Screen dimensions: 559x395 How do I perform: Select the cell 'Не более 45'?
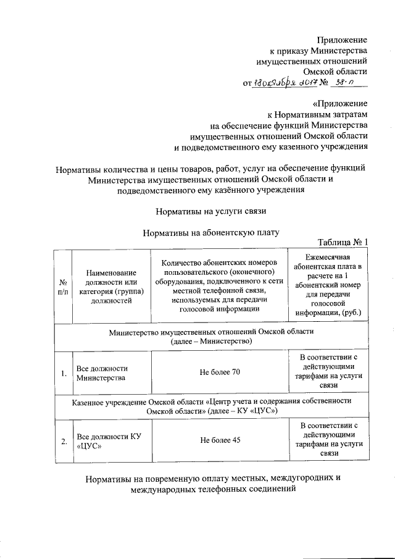pyautogui.click(x=220, y=440)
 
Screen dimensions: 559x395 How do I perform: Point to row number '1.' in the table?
pyautogui.click(x=64, y=372)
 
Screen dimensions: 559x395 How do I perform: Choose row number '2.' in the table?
pyautogui.click(x=64, y=441)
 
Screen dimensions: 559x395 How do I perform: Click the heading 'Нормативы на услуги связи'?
pyautogui.click(x=210, y=211)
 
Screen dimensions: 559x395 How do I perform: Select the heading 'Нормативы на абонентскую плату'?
pyautogui.click(x=211, y=233)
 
